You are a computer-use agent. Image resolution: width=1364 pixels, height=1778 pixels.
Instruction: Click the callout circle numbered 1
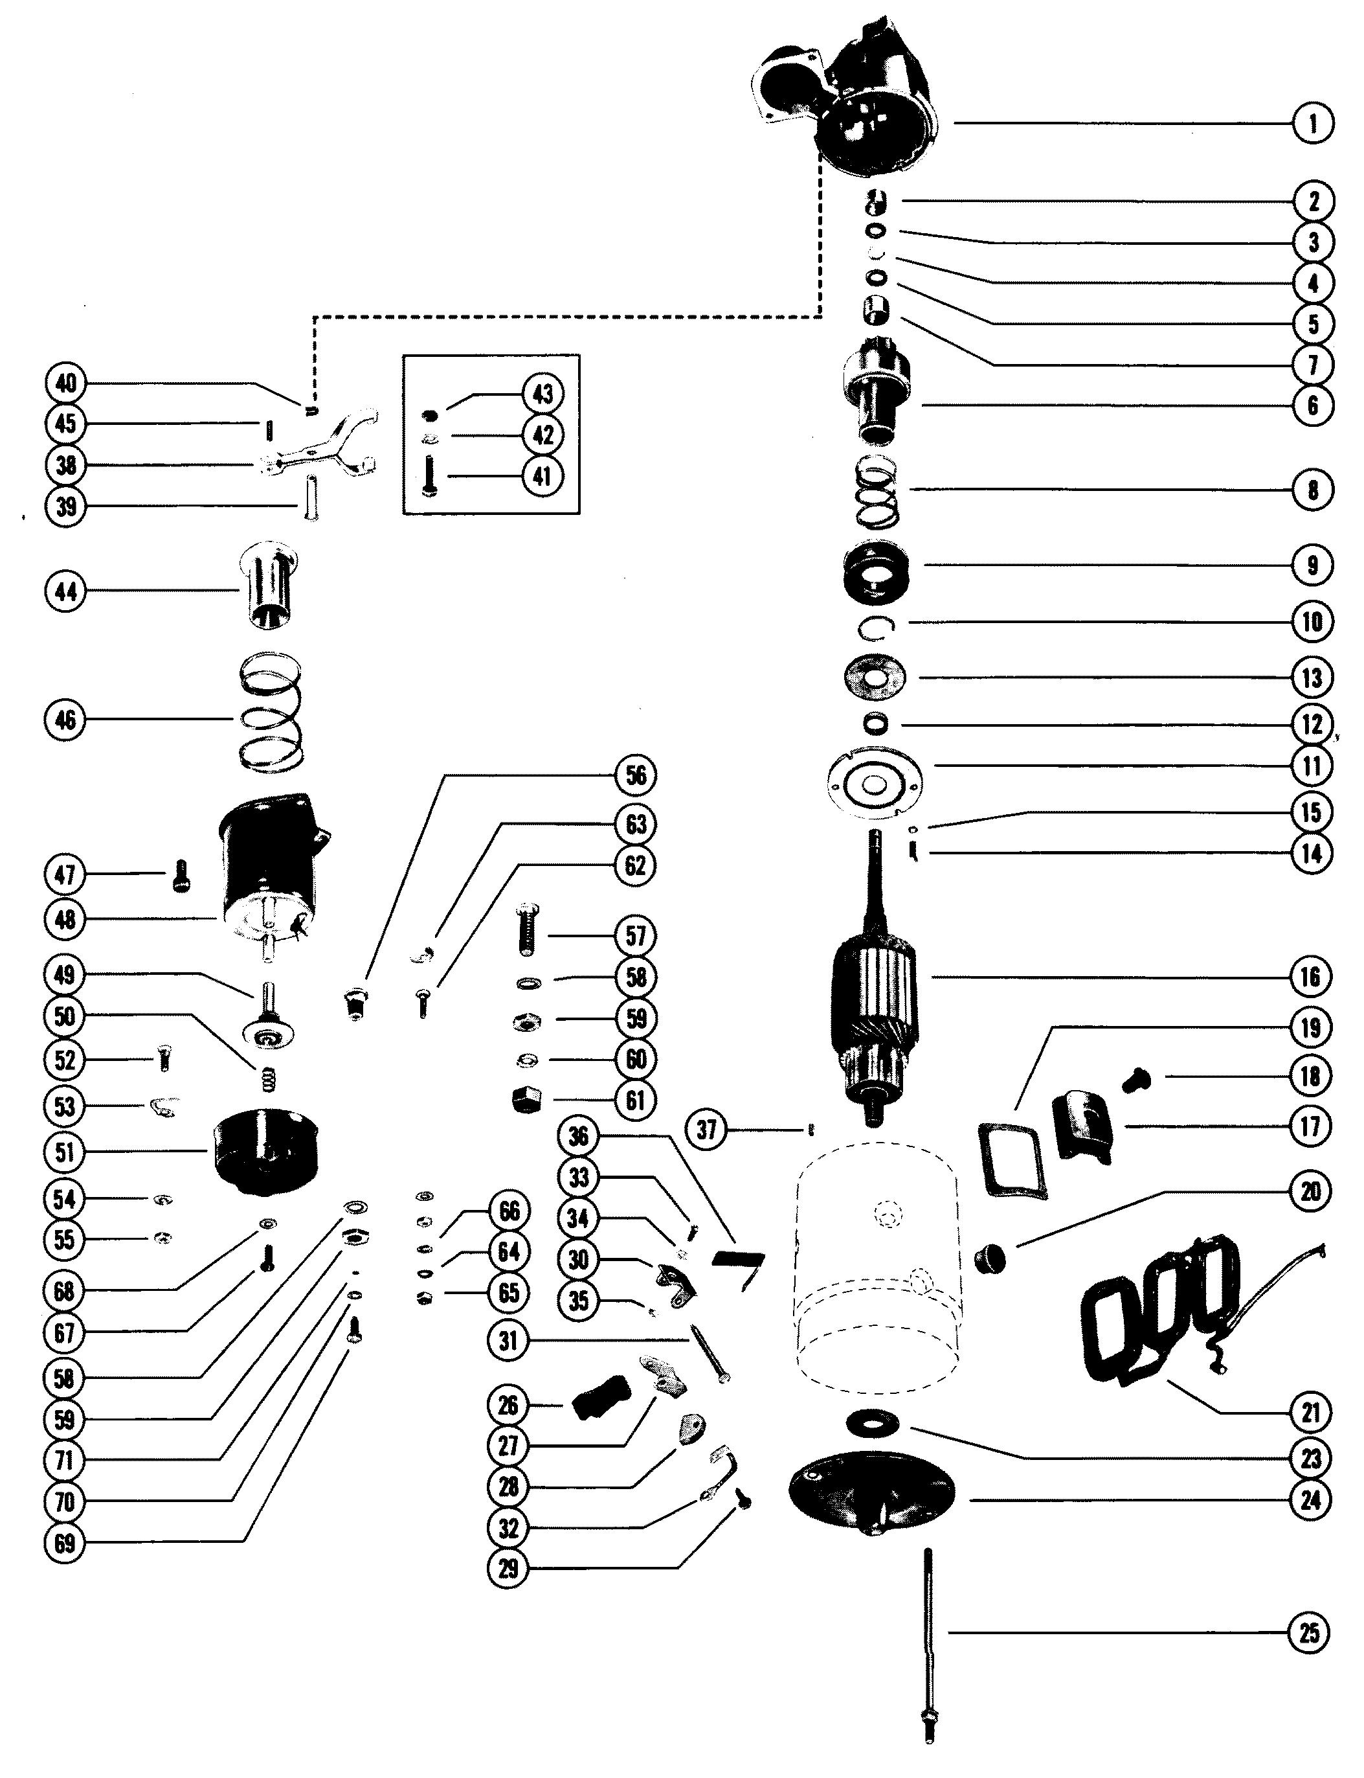coord(1313,124)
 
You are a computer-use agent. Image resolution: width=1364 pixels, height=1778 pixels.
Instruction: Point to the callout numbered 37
coord(707,1129)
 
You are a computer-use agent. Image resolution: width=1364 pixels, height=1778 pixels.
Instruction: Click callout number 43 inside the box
coord(542,394)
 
